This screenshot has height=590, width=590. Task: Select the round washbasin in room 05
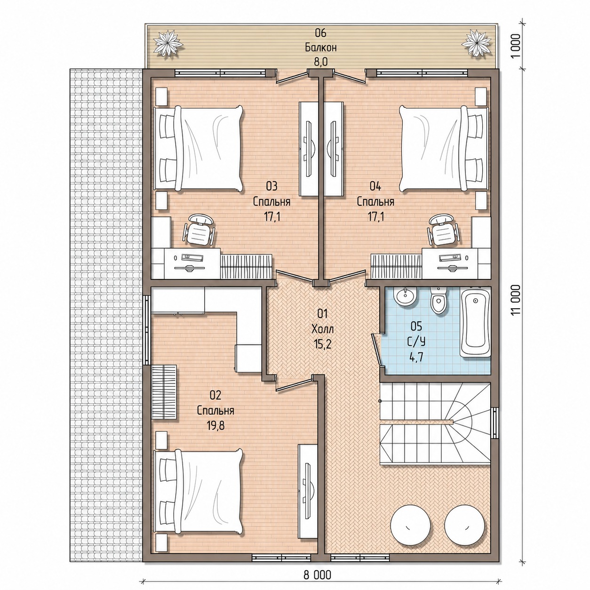[406, 296]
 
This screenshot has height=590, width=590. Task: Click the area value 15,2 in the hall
[322, 344]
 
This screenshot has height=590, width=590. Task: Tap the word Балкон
[320, 48]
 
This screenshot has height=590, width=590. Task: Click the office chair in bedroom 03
[199, 229]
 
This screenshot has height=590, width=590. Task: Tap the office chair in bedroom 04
[443, 229]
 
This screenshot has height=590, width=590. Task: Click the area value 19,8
[215, 426]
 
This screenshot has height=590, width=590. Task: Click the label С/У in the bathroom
[416, 342]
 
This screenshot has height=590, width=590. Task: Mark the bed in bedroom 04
[444, 149]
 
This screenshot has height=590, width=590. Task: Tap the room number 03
[271, 186]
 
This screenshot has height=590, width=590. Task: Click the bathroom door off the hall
[377, 349]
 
